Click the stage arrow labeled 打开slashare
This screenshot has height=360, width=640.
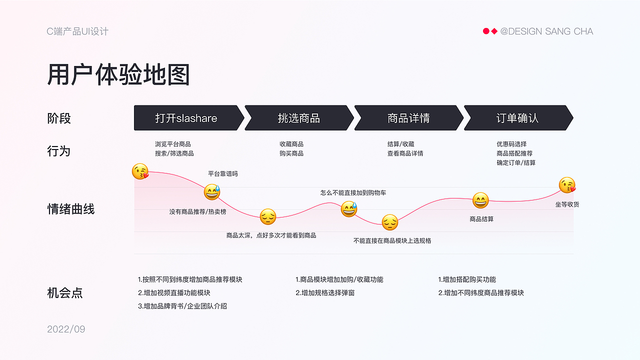186,118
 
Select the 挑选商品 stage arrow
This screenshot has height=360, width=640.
298,118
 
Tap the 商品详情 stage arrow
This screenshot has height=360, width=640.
408,118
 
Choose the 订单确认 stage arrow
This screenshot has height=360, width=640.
517,118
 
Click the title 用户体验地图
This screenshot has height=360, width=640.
118,75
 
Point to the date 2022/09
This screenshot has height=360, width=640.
66,329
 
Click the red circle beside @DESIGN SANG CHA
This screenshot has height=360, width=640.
486,31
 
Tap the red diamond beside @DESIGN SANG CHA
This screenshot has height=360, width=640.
494,31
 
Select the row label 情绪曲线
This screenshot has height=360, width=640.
70,209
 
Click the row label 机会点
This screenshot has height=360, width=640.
65,293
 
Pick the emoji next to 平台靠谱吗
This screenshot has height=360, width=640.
211,192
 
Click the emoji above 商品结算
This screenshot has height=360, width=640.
480,200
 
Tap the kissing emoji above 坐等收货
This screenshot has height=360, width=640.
567,185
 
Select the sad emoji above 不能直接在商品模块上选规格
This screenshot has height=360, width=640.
390,222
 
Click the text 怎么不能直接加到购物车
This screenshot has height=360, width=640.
353,193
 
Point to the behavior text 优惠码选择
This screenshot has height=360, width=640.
511,144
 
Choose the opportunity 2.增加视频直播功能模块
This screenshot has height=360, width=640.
174,293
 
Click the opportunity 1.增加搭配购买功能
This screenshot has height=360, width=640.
467,280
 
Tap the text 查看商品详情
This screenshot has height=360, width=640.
405,153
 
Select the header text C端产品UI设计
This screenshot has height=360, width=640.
77,31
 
